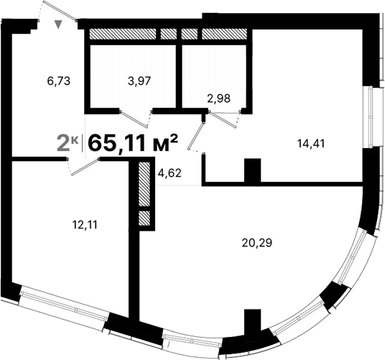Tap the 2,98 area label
point(218,99)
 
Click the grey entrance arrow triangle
point(60,24)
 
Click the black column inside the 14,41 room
point(251,172)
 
